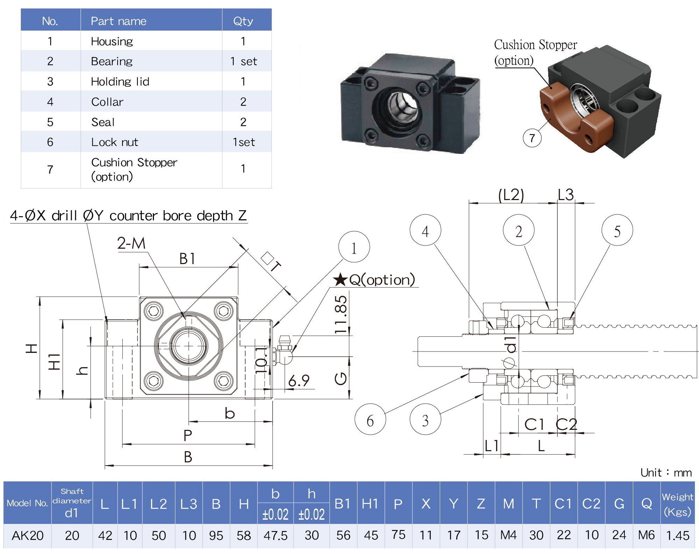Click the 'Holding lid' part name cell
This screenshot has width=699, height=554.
pyautogui.click(x=120, y=81)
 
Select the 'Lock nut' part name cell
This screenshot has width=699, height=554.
pyautogui.click(x=114, y=142)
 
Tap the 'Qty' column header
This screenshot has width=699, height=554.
pyautogui.click(x=243, y=21)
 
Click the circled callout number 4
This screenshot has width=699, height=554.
pyautogui.click(x=425, y=231)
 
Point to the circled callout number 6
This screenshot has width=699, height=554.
pyautogui.click(x=370, y=420)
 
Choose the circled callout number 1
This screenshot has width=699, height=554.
pyautogui.click(x=354, y=248)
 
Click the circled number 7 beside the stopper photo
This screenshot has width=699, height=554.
pyautogui.click(x=532, y=138)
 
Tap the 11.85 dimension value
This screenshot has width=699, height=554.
pyautogui.click(x=340, y=314)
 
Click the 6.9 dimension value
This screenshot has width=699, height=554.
pyautogui.click(x=299, y=381)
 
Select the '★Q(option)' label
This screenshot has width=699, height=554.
pyautogui.click(x=374, y=280)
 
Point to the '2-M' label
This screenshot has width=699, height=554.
pyautogui.click(x=131, y=243)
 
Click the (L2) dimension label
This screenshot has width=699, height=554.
pyautogui.click(x=511, y=195)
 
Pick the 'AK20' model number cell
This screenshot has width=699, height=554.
pyautogui.click(x=27, y=535)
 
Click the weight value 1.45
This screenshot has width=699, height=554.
pyautogui.click(x=678, y=535)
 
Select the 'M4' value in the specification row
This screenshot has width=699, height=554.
pyautogui.click(x=508, y=535)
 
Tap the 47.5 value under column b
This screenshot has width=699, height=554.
pyautogui.click(x=275, y=535)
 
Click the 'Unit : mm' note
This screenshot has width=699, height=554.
pyautogui.click(x=666, y=473)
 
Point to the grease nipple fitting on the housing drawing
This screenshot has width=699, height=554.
pyautogui.click(x=284, y=350)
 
